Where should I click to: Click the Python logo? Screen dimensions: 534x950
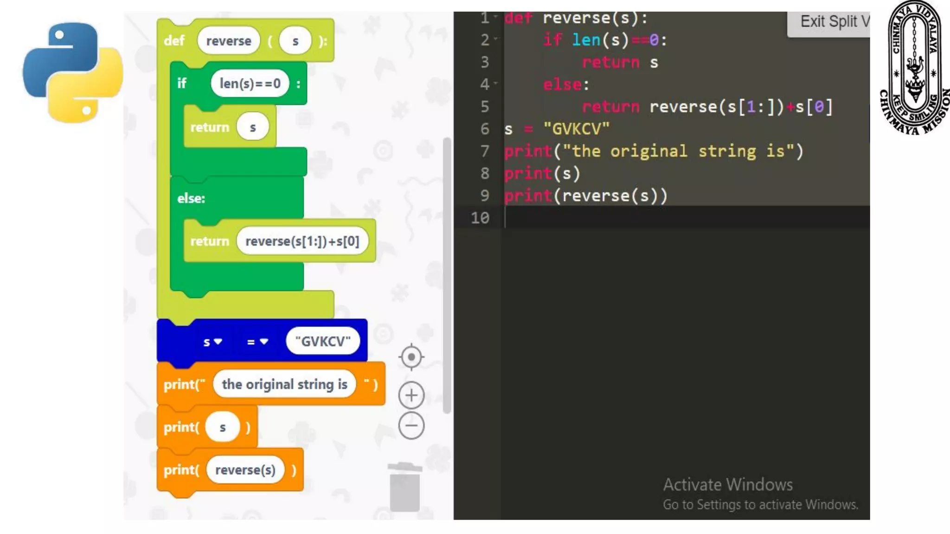[73, 73]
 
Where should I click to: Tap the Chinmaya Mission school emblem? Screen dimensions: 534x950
[914, 68]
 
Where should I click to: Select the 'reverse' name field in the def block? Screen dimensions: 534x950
[229, 41]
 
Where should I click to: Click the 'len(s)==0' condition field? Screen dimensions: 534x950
[250, 84]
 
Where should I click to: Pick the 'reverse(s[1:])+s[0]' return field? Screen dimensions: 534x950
[302, 242]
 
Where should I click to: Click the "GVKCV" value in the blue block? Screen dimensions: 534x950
[323, 342]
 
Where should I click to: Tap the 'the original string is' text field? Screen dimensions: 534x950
[284, 384]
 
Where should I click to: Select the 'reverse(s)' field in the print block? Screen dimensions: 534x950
[245, 470]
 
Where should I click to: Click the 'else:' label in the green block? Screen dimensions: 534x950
[191, 198]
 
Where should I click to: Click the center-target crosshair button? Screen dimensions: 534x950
[411, 357]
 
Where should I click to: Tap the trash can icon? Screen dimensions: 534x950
[405, 487]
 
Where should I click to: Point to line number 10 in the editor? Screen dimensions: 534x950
[480, 218]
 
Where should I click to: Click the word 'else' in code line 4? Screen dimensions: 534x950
[562, 85]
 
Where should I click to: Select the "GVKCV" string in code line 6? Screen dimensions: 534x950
[576, 129]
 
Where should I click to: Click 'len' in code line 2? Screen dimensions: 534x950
[586, 40]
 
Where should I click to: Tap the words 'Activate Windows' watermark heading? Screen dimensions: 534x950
[728, 485]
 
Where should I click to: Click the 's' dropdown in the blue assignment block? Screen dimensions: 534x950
[212, 342]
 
